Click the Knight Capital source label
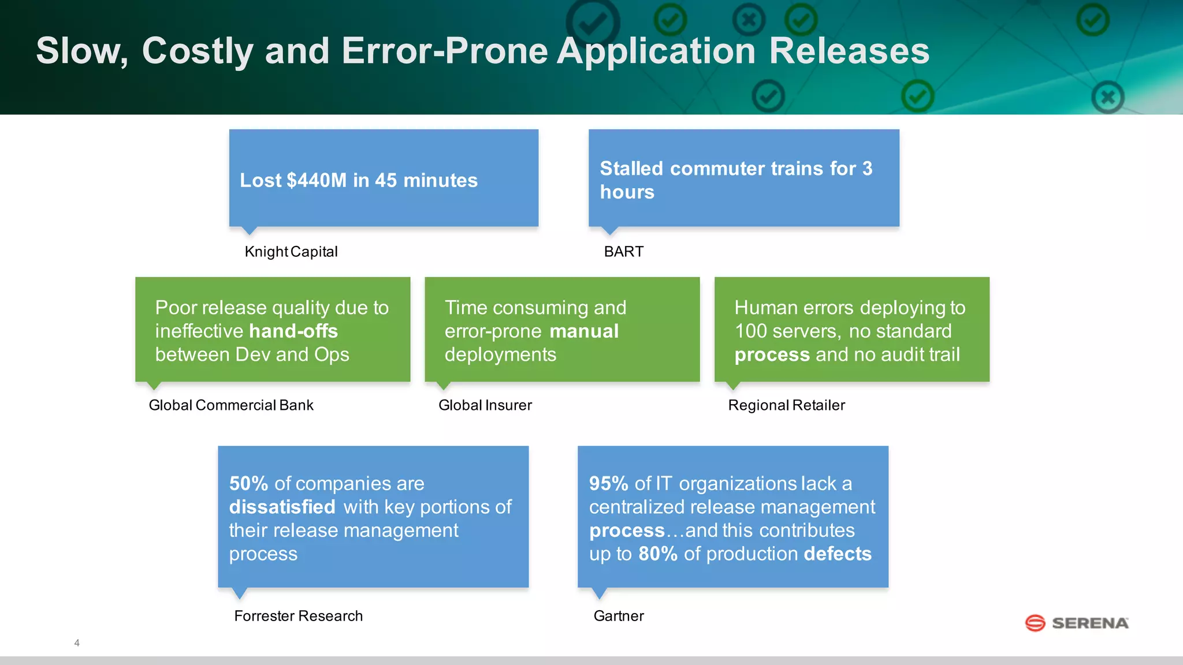pyautogui.click(x=291, y=252)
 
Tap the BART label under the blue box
pyautogui.click(x=623, y=252)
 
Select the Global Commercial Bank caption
pyautogui.click(x=231, y=405)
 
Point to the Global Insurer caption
pyautogui.click(x=485, y=405)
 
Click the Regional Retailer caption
pyautogui.click(x=786, y=405)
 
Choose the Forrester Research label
pyautogui.click(x=298, y=616)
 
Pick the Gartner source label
pyautogui.click(x=619, y=616)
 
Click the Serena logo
pyautogui.click(x=1077, y=623)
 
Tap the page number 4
pyautogui.click(x=77, y=643)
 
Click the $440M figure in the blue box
pyautogui.click(x=317, y=181)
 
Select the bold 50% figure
pyautogui.click(x=248, y=483)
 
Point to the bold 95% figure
pyautogui.click(x=608, y=483)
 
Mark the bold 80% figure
pyautogui.click(x=658, y=554)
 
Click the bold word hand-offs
pyautogui.click(x=293, y=331)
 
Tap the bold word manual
pyautogui.click(x=584, y=331)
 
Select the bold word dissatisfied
pyautogui.click(x=282, y=507)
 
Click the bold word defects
pyautogui.click(x=837, y=554)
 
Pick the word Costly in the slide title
pyautogui.click(x=198, y=51)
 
